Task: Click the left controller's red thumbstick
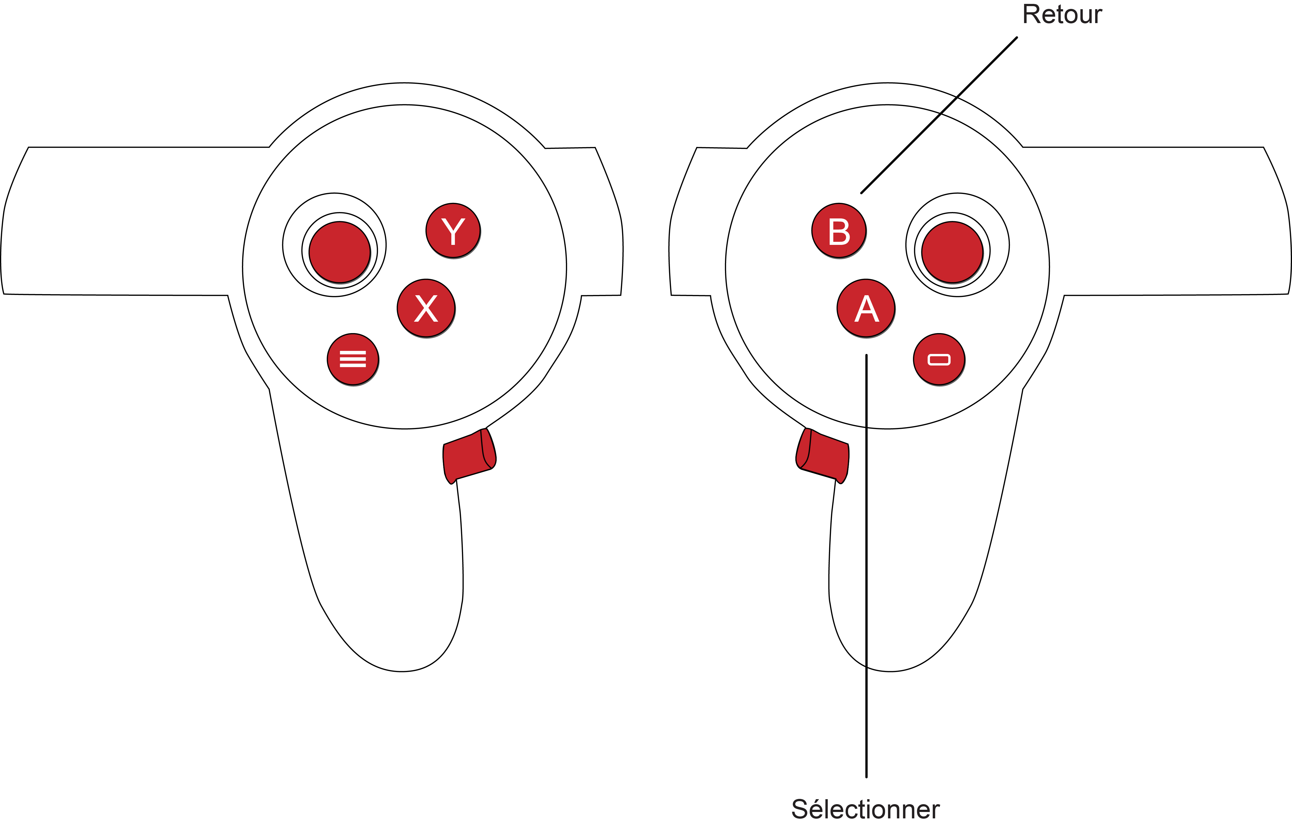[340, 252]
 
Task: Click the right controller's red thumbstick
[952, 252]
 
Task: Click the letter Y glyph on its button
[453, 231]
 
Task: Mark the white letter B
[839, 232]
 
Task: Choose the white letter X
[426, 309]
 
